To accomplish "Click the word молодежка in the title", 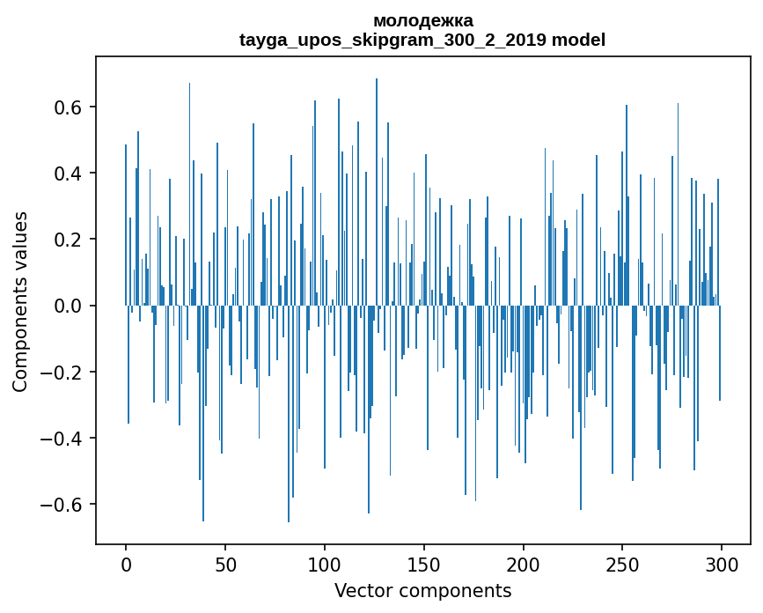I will pyautogui.click(x=422, y=20).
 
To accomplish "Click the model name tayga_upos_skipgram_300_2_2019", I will pyautogui.click(x=393, y=40).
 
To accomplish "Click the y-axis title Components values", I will pyautogui.click(x=20, y=301).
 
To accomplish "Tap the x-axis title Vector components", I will pyautogui.click(x=422, y=590).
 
